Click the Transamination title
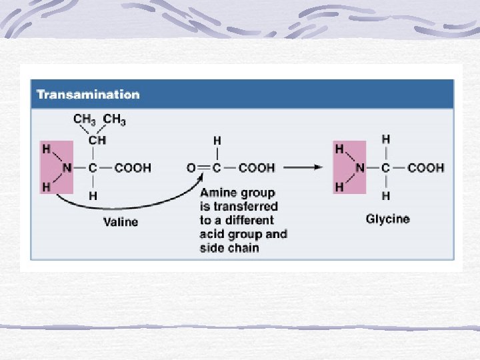88,94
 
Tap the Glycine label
387,219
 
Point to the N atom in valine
67,168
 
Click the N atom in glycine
359,168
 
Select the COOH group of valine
133,168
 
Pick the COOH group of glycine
425,168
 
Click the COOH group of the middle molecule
257,168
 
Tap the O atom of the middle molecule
191,168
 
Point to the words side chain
229,248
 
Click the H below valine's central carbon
93,195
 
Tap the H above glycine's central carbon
386,139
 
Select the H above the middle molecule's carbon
217,141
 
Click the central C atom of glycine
385,168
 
